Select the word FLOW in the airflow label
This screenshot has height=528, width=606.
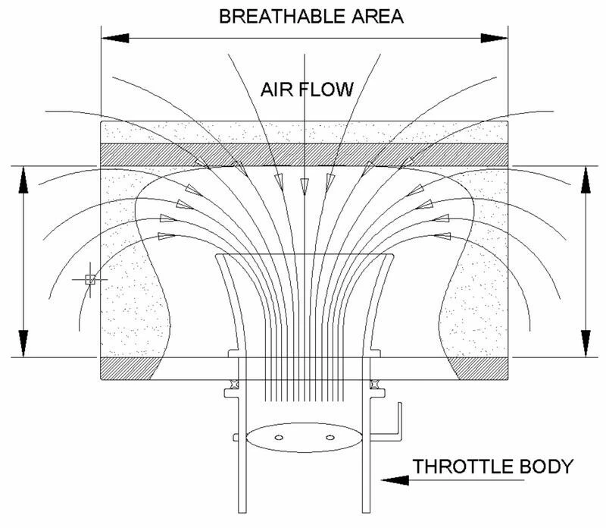(328, 90)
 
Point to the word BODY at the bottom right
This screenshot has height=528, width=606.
(545, 466)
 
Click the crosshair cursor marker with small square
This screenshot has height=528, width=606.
(89, 280)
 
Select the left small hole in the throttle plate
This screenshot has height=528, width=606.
(278, 437)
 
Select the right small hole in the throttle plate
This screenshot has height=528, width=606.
(330, 437)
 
